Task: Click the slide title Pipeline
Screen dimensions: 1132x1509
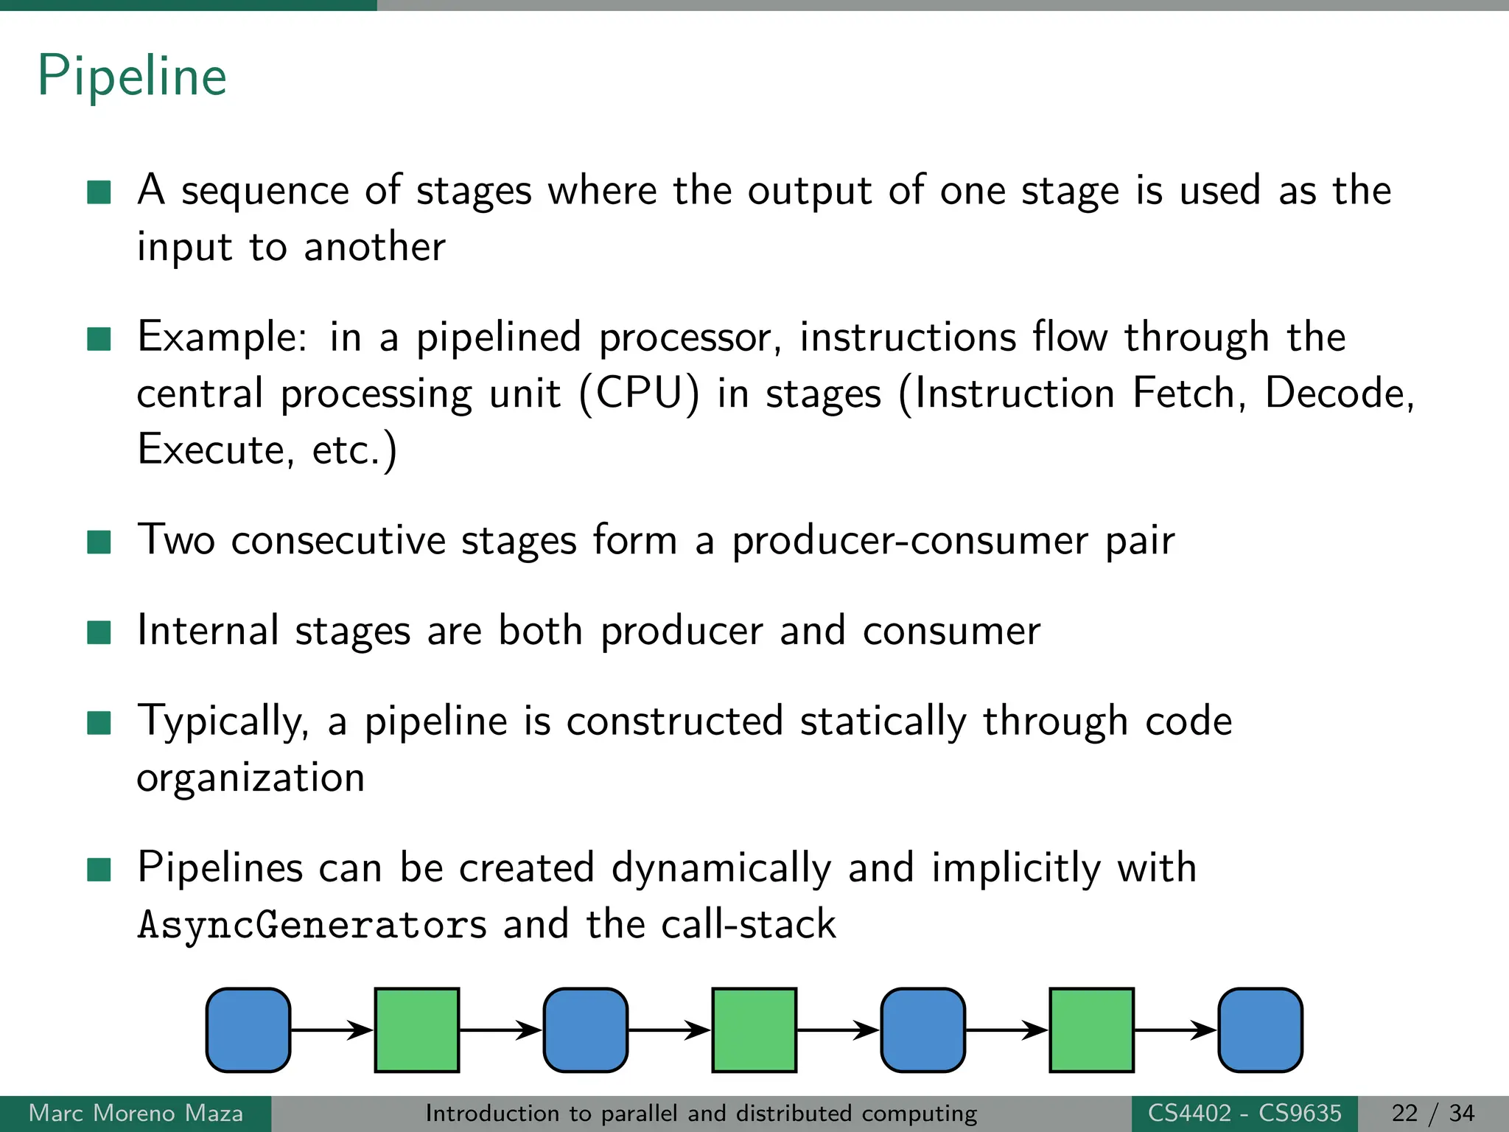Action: coord(133,76)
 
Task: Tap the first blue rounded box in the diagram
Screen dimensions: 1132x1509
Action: coord(248,1030)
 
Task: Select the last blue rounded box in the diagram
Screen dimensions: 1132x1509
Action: coord(1260,1030)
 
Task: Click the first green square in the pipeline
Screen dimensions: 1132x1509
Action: coord(417,1030)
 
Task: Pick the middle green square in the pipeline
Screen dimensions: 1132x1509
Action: coord(754,1030)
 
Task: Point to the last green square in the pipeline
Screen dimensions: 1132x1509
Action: coord(1091,1030)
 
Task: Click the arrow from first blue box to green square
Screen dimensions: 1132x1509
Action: coord(332,1030)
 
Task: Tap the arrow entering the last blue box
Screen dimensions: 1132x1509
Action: coord(1175,1030)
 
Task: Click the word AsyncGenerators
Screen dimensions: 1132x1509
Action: coord(312,926)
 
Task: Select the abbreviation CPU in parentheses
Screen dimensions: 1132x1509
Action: coord(639,393)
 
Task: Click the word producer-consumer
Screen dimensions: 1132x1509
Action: coord(909,540)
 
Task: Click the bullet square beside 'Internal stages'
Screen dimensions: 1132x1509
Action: coord(99,632)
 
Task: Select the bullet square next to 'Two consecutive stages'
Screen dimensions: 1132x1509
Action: coord(99,542)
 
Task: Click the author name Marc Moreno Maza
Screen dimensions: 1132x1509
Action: coord(136,1113)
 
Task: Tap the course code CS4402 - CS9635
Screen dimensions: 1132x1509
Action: coord(1244,1113)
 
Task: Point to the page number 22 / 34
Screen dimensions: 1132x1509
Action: coord(1432,1113)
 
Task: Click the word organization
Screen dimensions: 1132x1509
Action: coord(251,778)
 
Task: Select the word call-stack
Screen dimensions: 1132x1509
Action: coord(748,924)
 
